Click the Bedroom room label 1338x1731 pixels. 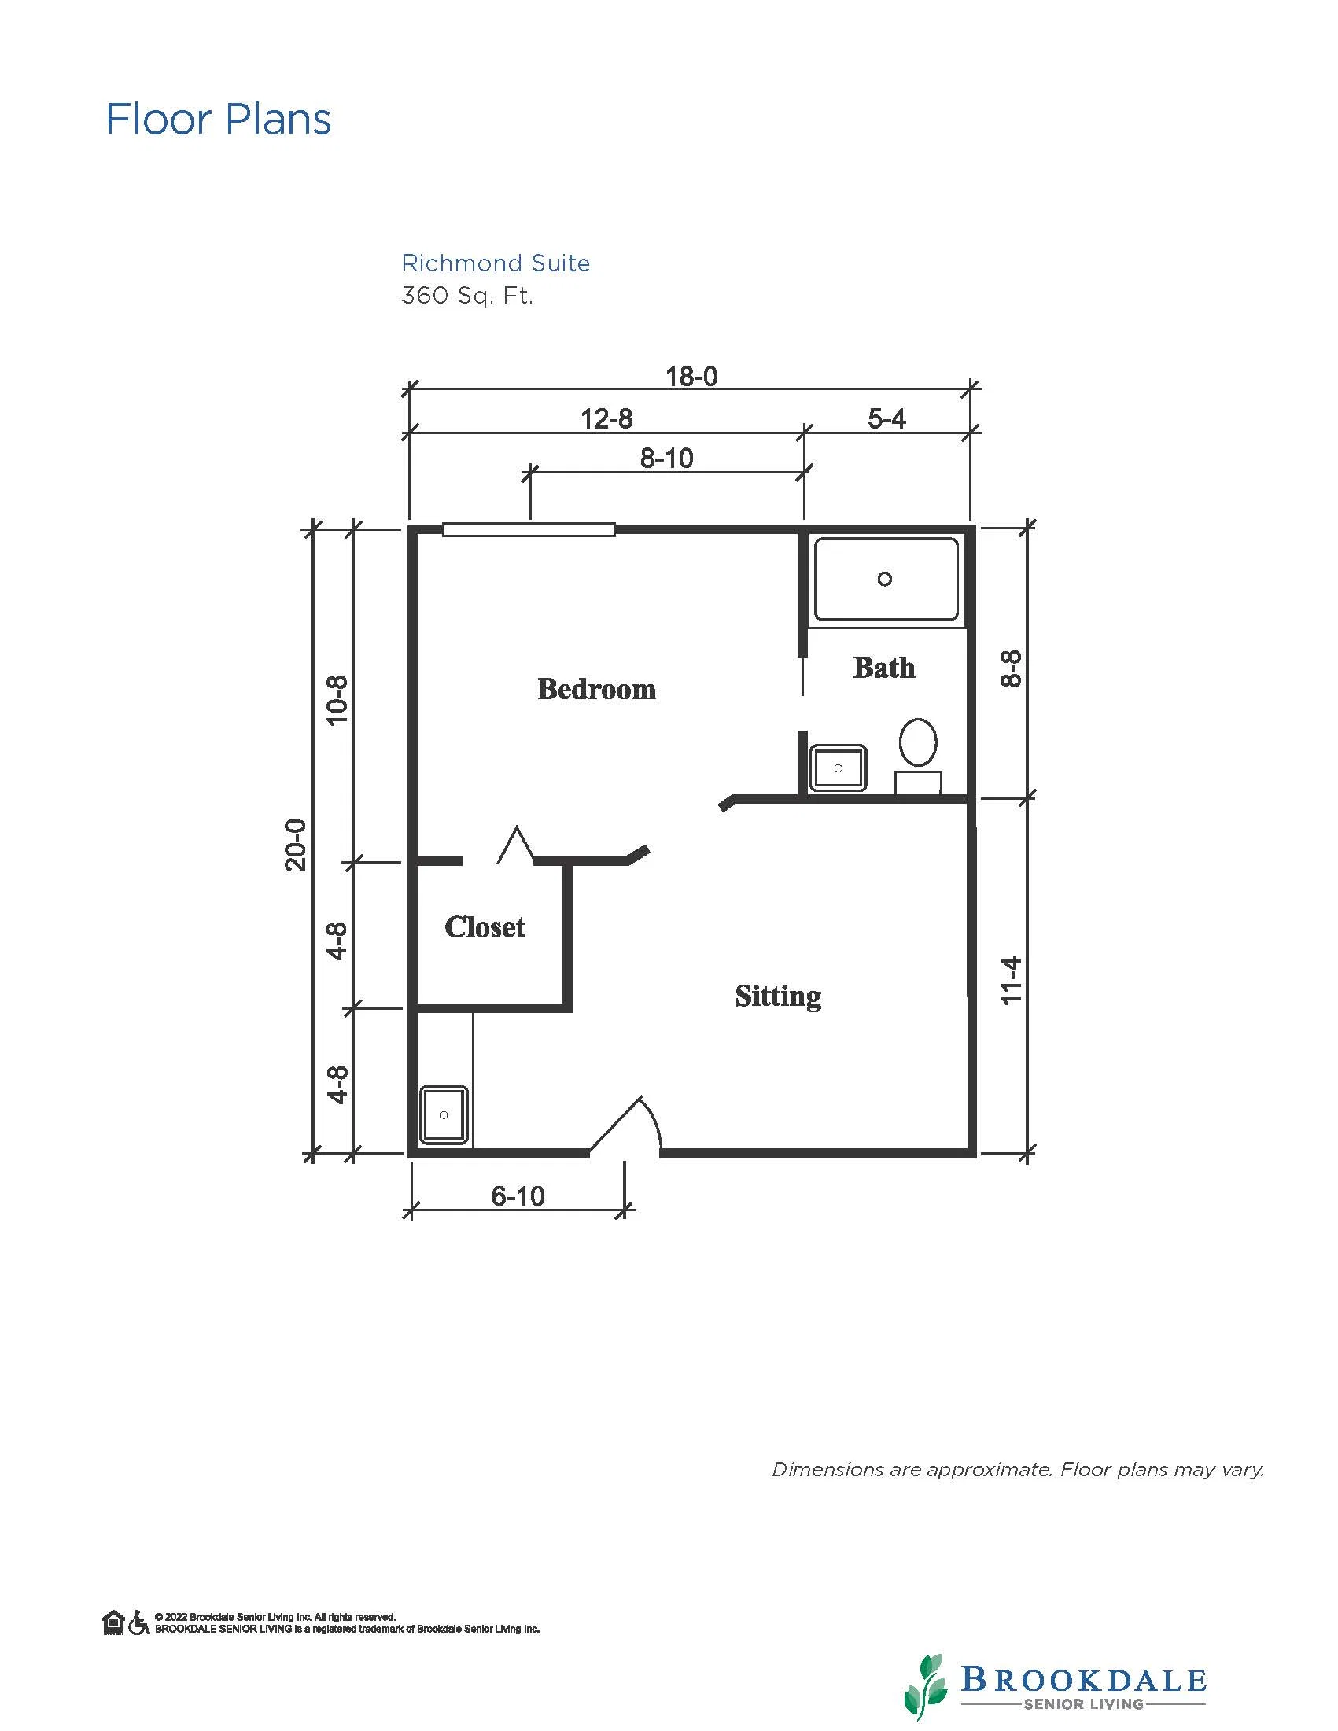[x=597, y=689]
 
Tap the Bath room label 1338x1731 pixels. [x=884, y=668]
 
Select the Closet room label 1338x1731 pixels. [x=485, y=926]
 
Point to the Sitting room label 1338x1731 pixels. [x=778, y=996]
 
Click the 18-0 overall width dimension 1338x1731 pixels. [x=691, y=376]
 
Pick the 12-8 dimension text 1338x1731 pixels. [x=606, y=418]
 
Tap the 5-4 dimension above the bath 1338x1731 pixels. [x=886, y=418]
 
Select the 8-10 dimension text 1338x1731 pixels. [x=666, y=458]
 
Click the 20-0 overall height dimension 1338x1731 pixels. [x=295, y=845]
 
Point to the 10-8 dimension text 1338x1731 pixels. [x=337, y=700]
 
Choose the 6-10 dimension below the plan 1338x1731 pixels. [x=518, y=1195]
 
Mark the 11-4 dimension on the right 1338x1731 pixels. [x=1012, y=982]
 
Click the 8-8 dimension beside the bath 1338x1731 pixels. [x=1012, y=668]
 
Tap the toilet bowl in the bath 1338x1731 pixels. [x=918, y=742]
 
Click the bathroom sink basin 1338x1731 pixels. [x=838, y=768]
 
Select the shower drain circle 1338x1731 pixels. [x=885, y=579]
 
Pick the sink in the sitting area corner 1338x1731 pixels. [x=443, y=1115]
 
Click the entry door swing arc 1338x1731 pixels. [x=654, y=1118]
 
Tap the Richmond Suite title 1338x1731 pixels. [x=496, y=263]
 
